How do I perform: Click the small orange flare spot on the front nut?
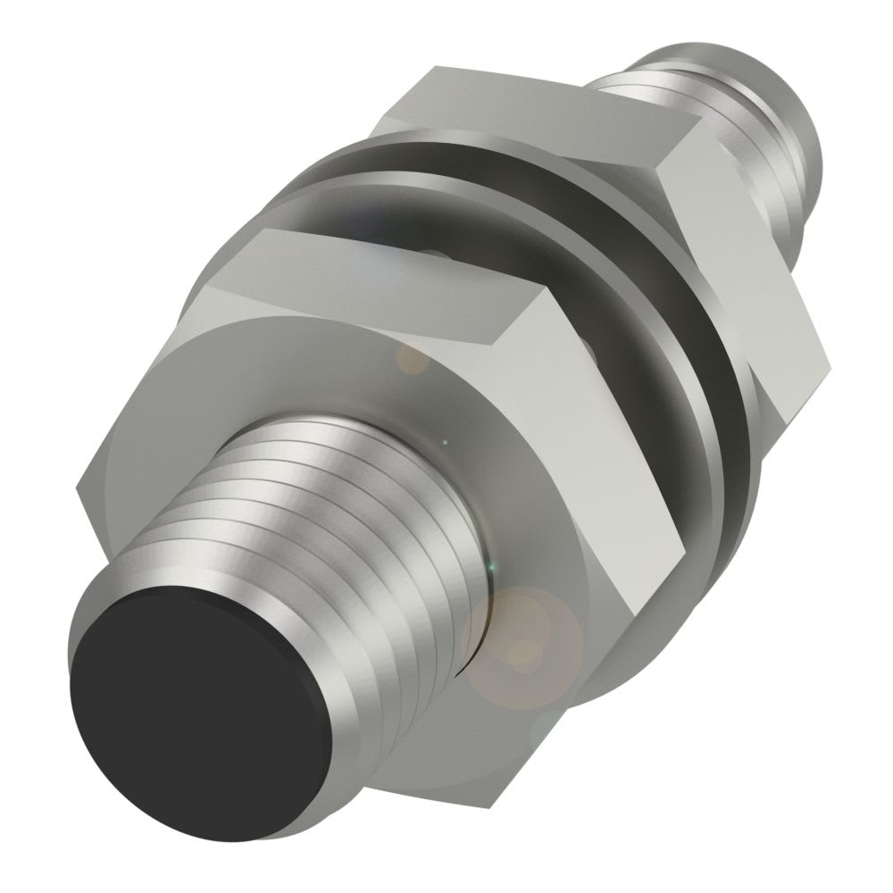413,359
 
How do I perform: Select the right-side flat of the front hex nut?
643,464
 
